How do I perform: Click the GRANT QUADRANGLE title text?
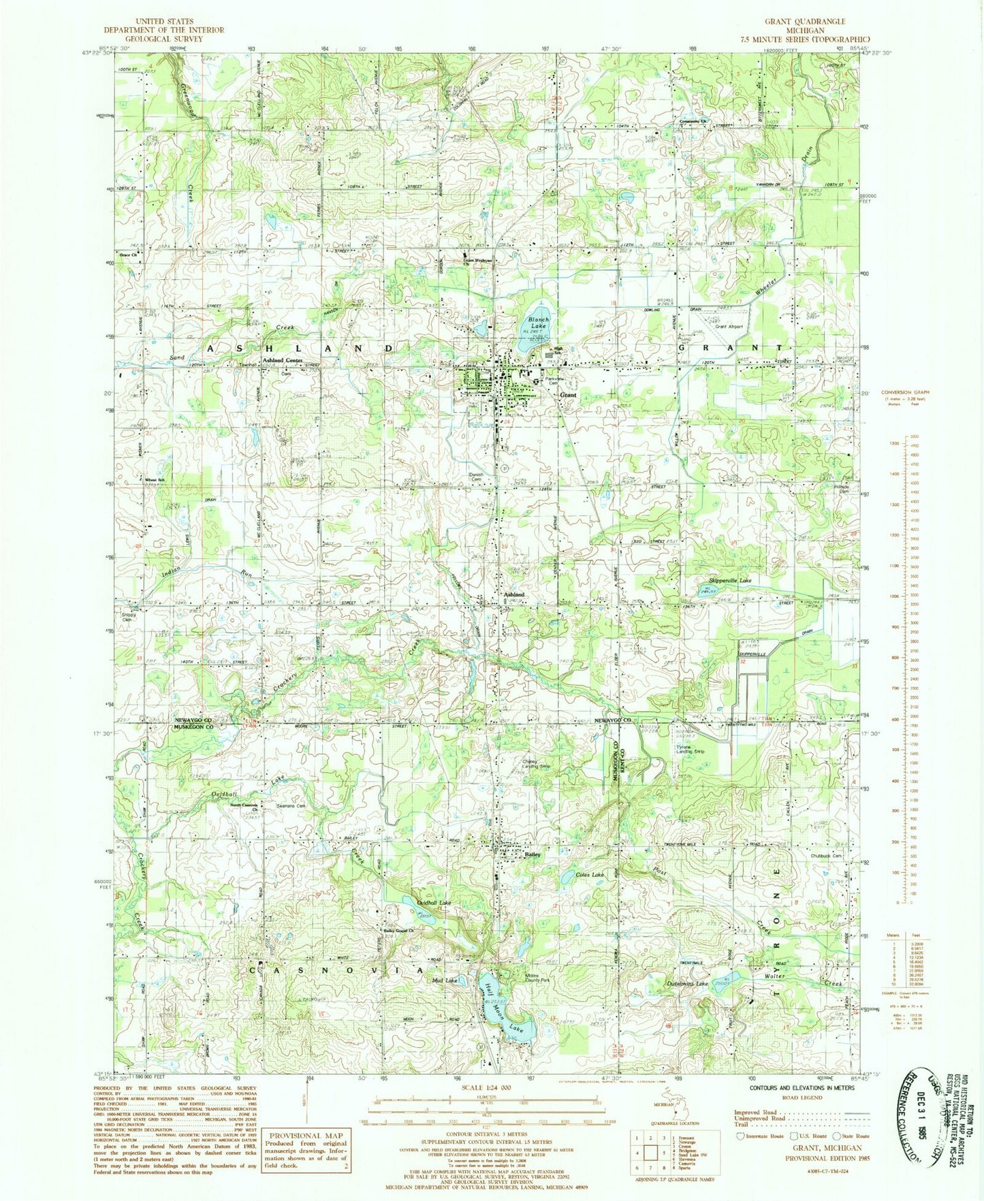pos(805,22)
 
